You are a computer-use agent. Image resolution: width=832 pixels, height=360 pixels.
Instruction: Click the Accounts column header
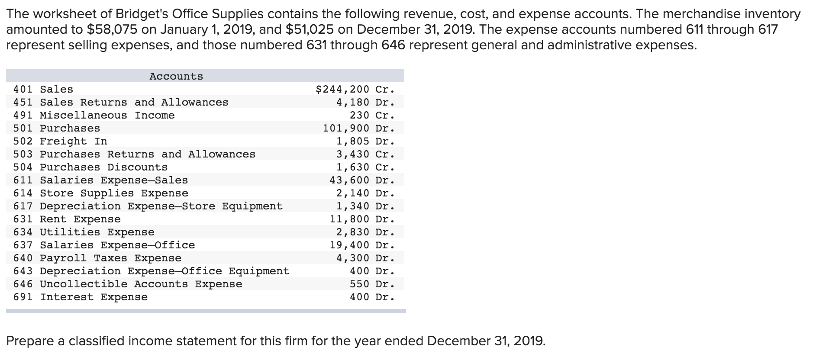click(176, 77)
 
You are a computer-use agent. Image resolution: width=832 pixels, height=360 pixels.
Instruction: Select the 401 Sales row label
click(43, 90)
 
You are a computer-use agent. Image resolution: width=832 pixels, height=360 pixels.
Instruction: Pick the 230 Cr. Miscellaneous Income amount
click(372, 116)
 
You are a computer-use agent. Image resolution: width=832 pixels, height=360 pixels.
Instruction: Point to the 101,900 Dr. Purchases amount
click(358, 129)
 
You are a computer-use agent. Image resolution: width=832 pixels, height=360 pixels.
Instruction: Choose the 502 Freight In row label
click(60, 141)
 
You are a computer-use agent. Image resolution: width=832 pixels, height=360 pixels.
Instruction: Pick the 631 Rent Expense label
click(67, 219)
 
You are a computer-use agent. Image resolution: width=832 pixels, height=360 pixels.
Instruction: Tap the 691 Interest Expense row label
click(81, 297)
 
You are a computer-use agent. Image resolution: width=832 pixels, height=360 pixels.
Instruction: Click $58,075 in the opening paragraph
click(112, 29)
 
